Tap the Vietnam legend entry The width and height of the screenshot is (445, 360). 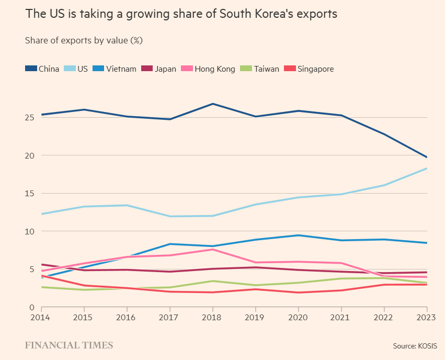115,69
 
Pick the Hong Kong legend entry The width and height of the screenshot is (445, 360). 208,69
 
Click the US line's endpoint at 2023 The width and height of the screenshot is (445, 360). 427,168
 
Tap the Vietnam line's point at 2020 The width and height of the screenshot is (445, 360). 298,235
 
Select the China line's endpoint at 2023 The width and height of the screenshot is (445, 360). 427,157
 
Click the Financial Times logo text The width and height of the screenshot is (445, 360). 69,345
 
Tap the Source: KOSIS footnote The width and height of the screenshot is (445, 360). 415,346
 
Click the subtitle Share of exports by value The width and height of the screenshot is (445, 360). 84,40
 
